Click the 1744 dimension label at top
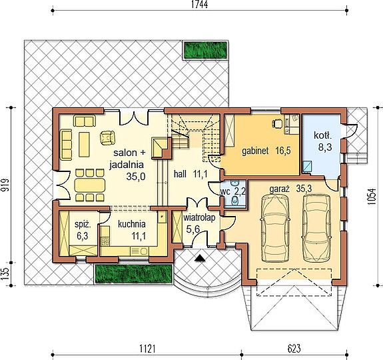tap(199, 5)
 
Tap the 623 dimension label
tap(294, 348)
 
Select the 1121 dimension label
tap(147, 348)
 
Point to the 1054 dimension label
tap(371, 196)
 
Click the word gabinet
tap(255, 151)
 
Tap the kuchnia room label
tap(132, 224)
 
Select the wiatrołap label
tap(200, 217)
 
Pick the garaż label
tap(280, 189)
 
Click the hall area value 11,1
tap(200, 174)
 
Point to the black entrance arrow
tap(200, 258)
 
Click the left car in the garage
tap(275, 228)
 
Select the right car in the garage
tap(317, 227)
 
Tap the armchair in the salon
tap(107, 137)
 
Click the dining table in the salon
tap(90, 185)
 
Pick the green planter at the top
tap(205, 51)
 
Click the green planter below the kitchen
tap(133, 274)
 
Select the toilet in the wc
tap(234, 201)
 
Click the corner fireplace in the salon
tap(160, 147)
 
